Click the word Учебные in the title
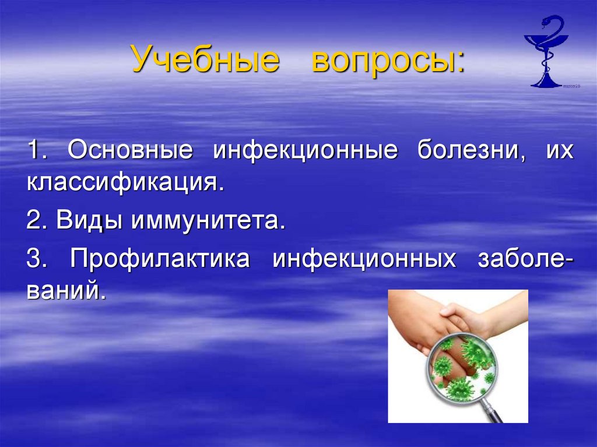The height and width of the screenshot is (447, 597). click(x=205, y=60)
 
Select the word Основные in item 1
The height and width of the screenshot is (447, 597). click(x=130, y=151)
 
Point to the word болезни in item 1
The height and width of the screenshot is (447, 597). click(x=468, y=151)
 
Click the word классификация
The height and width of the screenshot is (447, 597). click(x=125, y=184)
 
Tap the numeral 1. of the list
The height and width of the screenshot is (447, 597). click(x=37, y=151)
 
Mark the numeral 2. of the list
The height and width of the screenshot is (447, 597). click(x=37, y=222)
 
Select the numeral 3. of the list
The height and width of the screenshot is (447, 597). click(x=37, y=260)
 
